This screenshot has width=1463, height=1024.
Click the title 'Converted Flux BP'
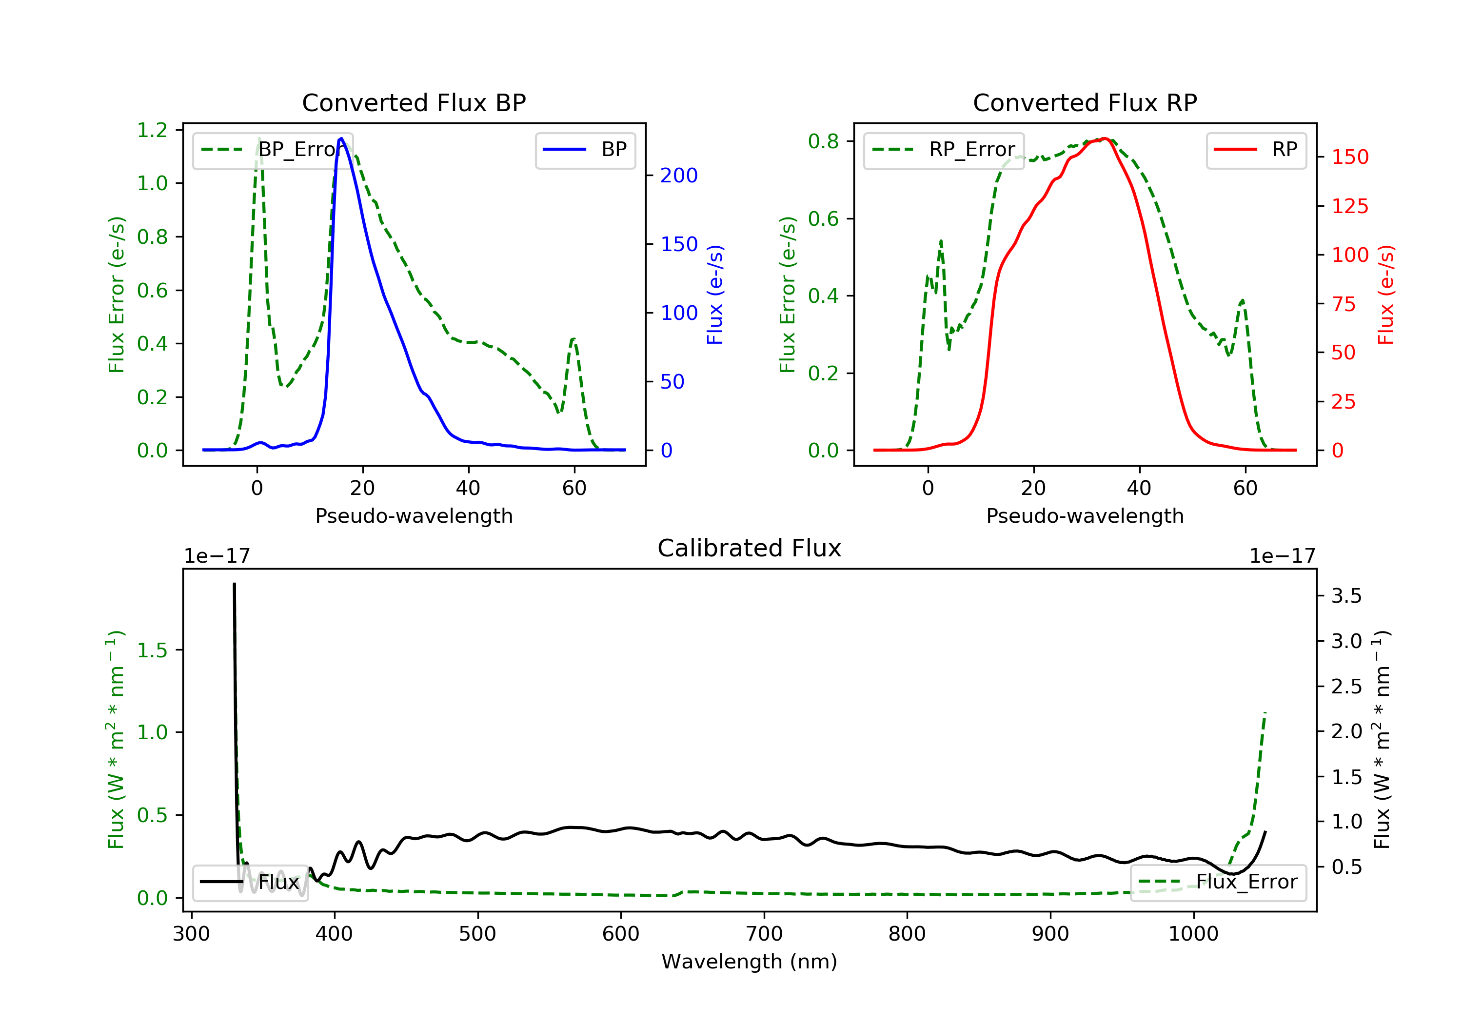point(414,102)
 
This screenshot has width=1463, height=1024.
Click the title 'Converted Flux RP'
point(1085,102)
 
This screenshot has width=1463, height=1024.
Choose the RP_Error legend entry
point(944,150)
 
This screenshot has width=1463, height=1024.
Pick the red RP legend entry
point(1256,150)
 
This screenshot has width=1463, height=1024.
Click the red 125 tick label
point(1349,206)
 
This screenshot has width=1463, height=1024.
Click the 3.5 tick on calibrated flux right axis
point(1346,596)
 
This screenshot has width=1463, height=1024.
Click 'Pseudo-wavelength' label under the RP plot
point(1085,515)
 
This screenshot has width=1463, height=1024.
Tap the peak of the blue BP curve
point(341,138)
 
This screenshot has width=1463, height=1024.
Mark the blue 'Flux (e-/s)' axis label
point(715,295)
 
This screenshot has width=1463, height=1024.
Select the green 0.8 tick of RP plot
point(823,141)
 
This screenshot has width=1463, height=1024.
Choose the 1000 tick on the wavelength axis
point(1193,934)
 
